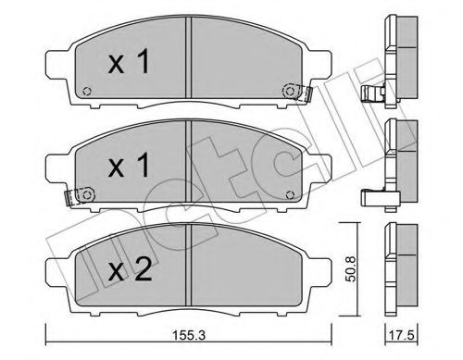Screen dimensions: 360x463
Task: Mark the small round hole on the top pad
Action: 85,91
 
